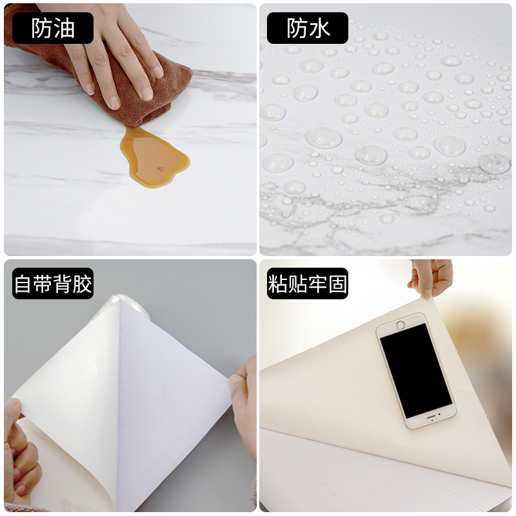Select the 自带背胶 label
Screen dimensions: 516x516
click(x=53, y=284)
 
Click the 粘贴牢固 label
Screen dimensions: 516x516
click(x=308, y=284)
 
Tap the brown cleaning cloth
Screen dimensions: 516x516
click(x=148, y=97)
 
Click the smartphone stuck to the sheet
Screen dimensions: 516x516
click(x=415, y=370)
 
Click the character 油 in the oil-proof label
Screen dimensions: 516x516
click(x=65, y=28)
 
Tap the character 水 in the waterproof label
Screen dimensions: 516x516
click(x=321, y=28)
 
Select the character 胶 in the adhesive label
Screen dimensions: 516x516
click(x=82, y=284)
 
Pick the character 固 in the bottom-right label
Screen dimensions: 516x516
click(x=337, y=284)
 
